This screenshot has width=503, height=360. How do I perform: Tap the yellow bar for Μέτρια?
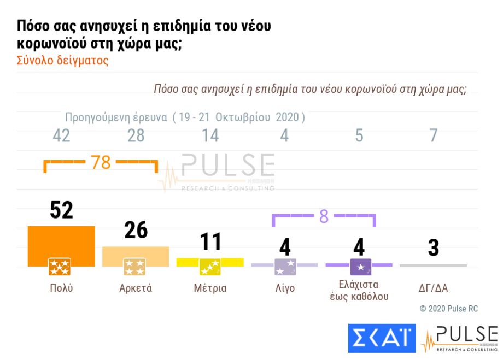(x=210, y=262)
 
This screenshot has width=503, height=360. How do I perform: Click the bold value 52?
(x=61, y=210)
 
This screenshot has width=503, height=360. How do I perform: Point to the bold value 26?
(x=136, y=231)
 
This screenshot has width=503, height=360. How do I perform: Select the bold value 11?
(x=210, y=242)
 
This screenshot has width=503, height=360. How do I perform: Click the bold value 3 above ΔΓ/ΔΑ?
(x=433, y=247)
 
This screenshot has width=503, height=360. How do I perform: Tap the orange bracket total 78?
(x=101, y=163)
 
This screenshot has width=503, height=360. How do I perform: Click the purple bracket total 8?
(x=324, y=217)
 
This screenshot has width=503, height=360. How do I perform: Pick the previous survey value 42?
(x=61, y=135)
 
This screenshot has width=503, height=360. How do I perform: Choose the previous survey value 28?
(x=136, y=135)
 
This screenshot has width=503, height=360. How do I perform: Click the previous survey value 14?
(x=210, y=135)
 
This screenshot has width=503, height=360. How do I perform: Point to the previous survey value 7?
(x=433, y=135)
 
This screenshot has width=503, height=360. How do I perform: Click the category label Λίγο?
(x=284, y=288)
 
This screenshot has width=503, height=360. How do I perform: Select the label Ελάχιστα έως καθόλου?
(x=359, y=291)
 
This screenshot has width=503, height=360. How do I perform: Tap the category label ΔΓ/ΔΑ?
(x=433, y=288)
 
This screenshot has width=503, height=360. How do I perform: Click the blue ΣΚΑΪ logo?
(x=382, y=338)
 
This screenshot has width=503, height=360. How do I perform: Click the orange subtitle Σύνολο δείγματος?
(x=63, y=61)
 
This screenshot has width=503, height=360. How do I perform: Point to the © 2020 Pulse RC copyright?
(x=448, y=309)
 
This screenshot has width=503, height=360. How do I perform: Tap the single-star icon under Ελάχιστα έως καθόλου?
(x=360, y=267)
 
